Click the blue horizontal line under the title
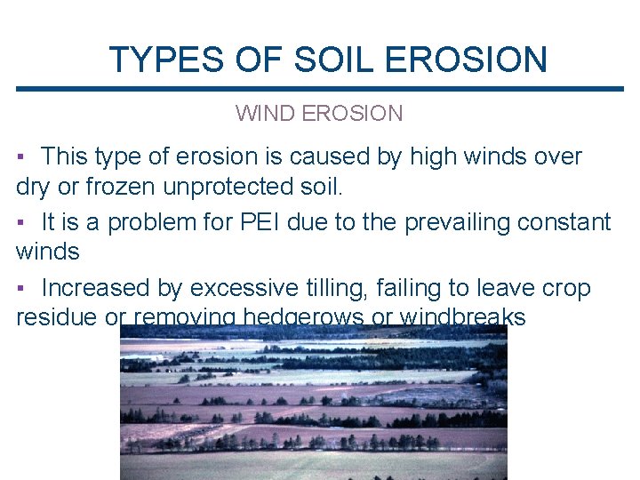(x=320, y=89)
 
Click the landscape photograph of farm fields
(x=313, y=402)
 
